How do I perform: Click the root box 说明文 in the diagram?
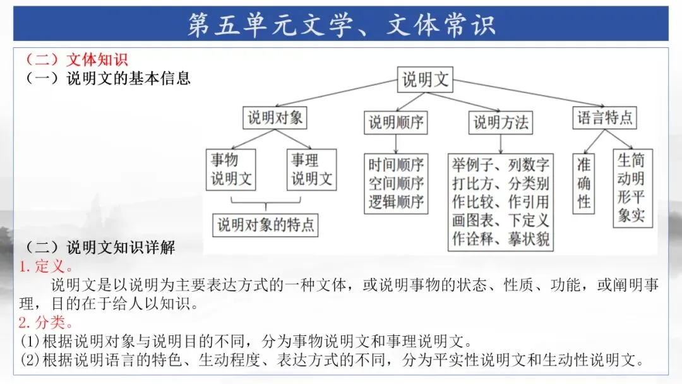click(426, 80)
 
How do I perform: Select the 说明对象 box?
click(275, 117)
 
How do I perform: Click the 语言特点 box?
click(605, 117)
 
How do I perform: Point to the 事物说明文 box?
click(231, 170)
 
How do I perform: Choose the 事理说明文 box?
click(311, 170)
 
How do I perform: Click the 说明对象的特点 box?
click(265, 225)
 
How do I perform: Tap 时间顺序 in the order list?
click(396, 165)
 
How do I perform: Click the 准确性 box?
click(584, 183)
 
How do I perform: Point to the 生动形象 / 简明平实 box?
click(631, 188)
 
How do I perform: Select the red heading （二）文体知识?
click(75, 59)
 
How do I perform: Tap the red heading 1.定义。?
click(45, 267)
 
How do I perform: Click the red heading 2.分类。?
click(45, 323)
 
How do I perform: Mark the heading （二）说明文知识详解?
click(99, 247)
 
